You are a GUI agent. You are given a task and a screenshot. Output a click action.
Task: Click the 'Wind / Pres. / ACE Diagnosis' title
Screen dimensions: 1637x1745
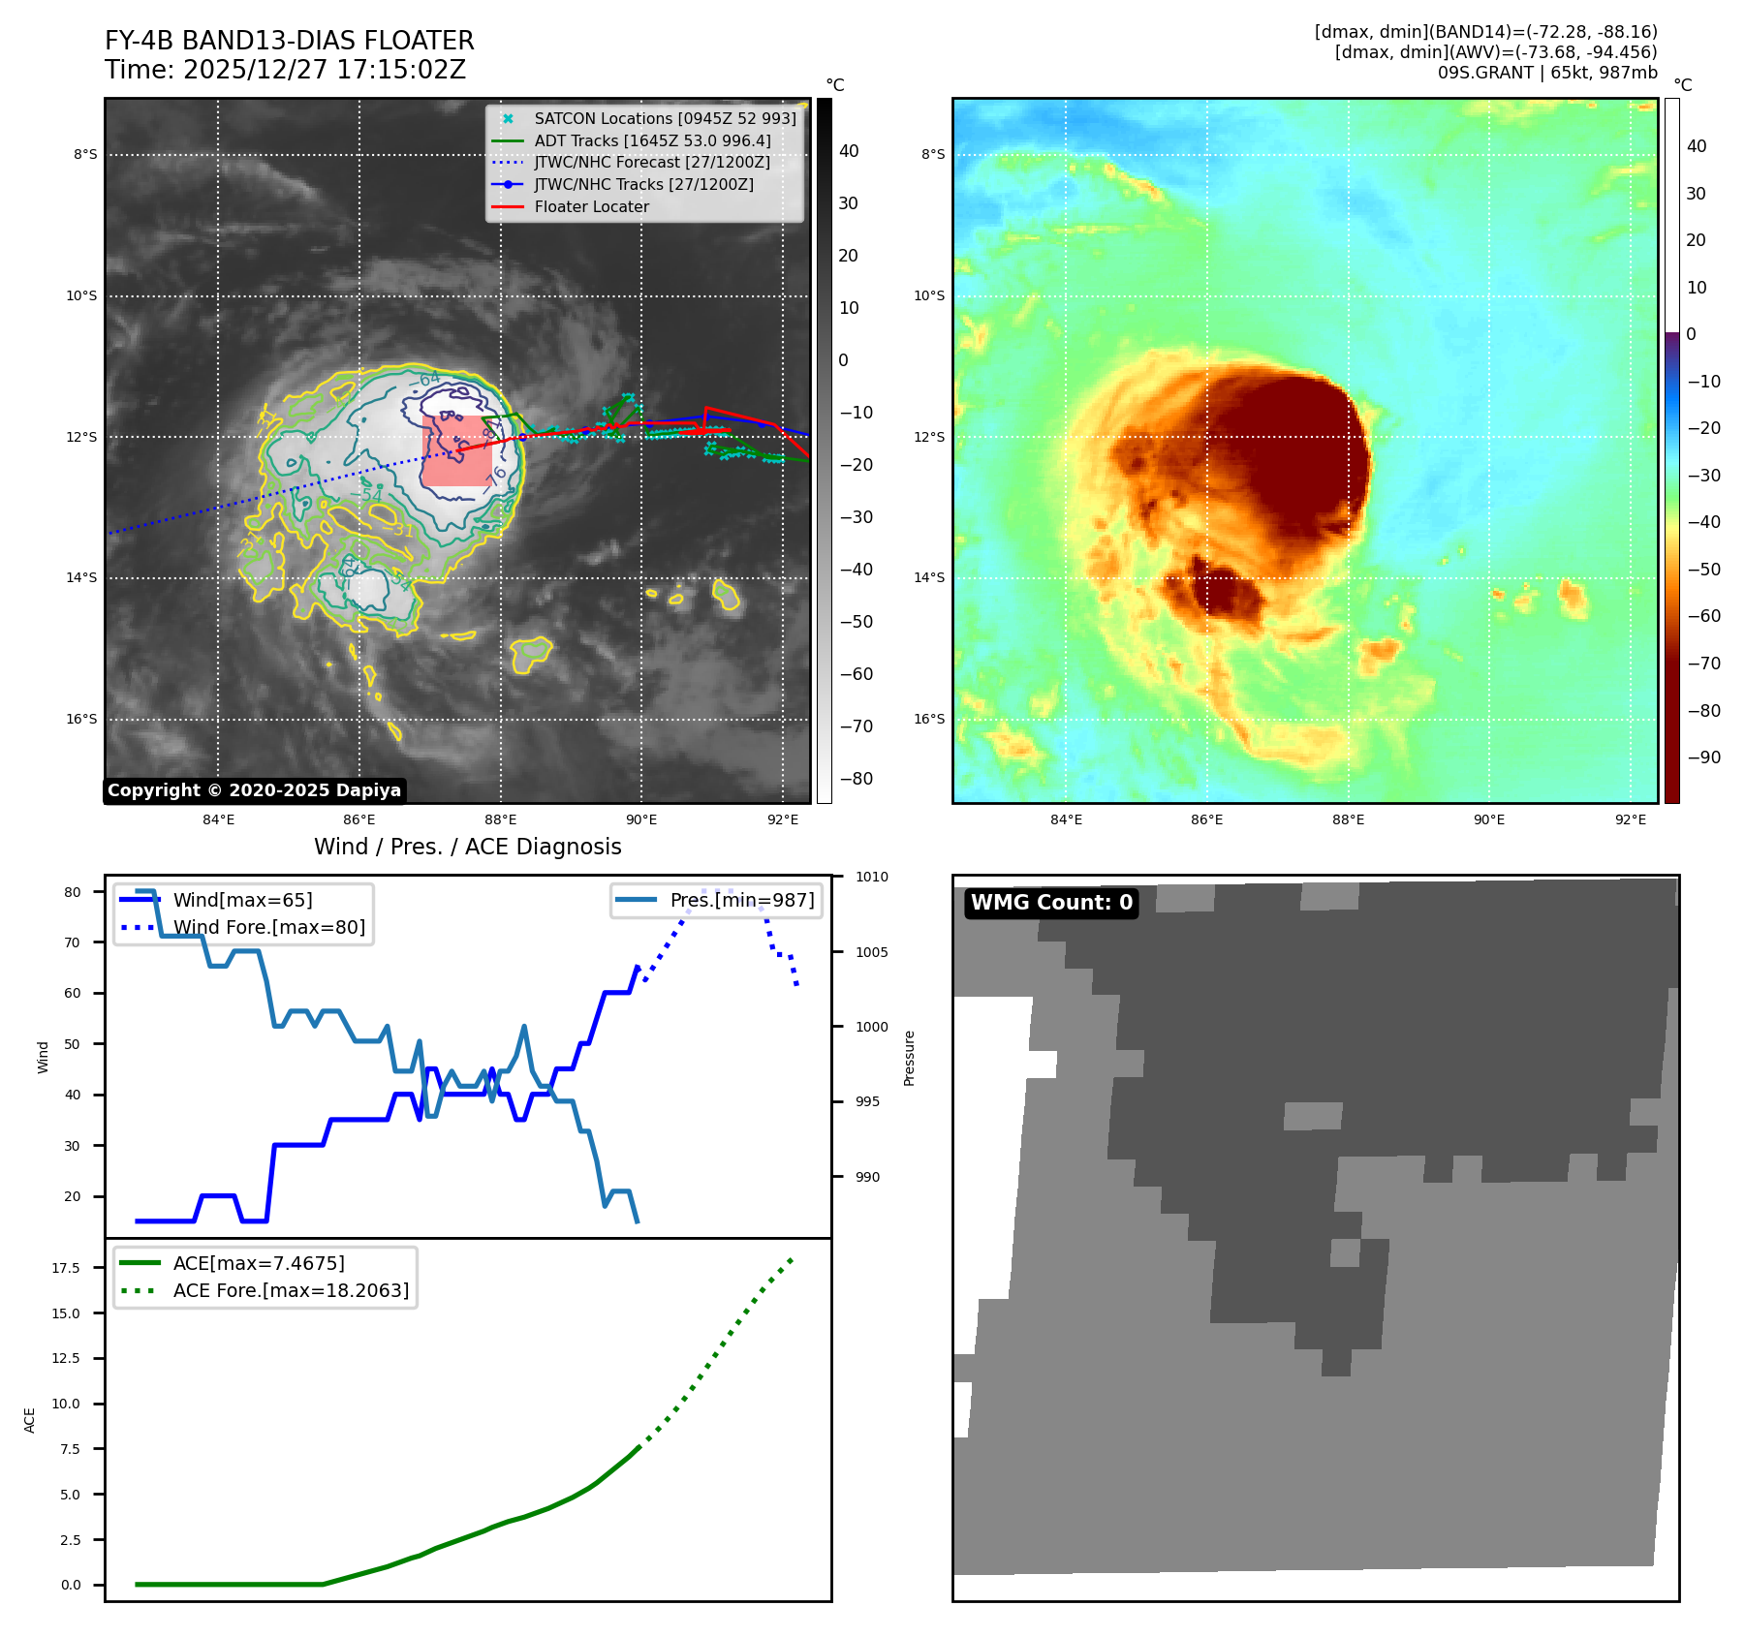[468, 847]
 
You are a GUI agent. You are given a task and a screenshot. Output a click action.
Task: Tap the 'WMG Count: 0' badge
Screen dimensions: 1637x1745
[1051, 903]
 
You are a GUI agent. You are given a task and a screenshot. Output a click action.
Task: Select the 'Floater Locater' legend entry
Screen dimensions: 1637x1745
[591, 206]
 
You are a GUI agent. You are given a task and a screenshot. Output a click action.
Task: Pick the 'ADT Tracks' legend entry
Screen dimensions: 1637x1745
[652, 140]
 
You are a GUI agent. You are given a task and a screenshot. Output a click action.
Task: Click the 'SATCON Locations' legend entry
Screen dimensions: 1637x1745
[665, 118]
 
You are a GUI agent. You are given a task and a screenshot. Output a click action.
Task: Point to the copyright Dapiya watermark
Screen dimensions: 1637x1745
[254, 790]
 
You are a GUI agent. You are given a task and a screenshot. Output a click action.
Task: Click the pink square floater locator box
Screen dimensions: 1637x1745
[457, 450]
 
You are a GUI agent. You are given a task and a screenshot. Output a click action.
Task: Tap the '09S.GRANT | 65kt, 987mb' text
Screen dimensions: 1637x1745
[1546, 73]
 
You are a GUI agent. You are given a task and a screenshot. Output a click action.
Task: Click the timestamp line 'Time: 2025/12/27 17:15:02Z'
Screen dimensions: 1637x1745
[286, 70]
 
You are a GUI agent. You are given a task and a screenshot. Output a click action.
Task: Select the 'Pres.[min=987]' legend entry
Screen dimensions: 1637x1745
[741, 900]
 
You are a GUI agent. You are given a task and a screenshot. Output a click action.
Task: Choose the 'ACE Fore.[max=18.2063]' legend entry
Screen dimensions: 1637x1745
[291, 1290]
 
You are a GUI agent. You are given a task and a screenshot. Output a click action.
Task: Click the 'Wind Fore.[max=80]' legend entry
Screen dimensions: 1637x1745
[269, 927]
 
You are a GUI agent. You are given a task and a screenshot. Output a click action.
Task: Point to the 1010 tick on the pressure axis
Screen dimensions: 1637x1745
[871, 878]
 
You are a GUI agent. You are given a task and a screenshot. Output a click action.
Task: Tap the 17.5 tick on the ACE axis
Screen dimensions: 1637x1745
[66, 1268]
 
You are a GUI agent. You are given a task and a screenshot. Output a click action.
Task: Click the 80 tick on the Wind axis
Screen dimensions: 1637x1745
[73, 892]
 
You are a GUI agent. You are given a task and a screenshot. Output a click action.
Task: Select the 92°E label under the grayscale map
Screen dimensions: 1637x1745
[783, 819]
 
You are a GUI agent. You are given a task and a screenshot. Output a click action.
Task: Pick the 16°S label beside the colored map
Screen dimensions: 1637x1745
[929, 719]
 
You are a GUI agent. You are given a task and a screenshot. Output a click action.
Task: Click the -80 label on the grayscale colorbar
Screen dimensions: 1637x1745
[856, 779]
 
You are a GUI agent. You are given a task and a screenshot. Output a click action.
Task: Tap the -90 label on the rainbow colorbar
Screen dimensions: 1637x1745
[1703, 757]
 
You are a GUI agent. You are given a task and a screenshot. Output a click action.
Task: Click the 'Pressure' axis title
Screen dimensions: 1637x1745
[909, 1058]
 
